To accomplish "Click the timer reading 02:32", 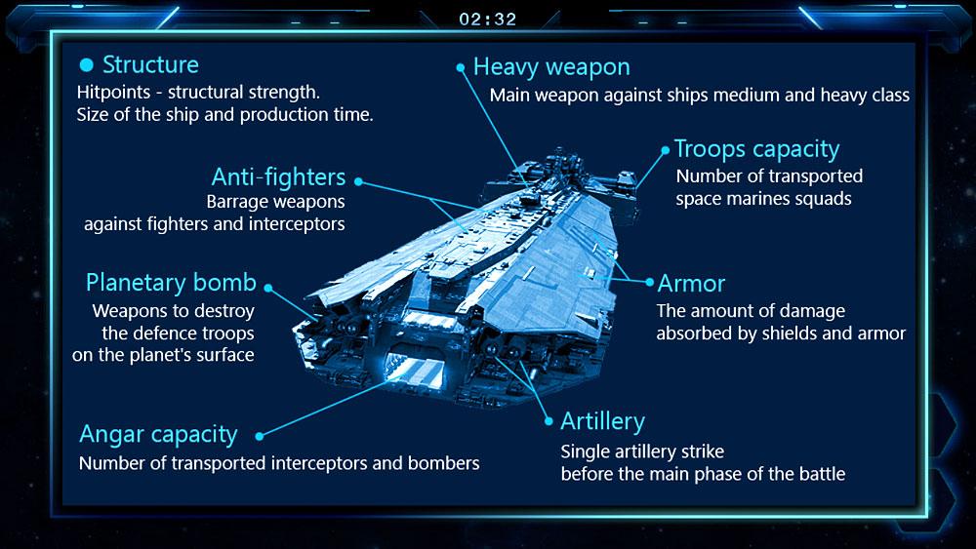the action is point(487,20).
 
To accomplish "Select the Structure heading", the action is point(150,64).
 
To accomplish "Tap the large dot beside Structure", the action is point(87,64).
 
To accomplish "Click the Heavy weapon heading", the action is point(551,67).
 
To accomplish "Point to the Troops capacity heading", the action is point(757,150).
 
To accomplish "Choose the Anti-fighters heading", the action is point(278,177).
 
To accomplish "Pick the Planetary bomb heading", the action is point(171,283).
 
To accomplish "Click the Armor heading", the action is point(692,284).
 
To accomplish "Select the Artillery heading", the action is point(602,421).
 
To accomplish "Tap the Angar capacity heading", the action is point(158,435).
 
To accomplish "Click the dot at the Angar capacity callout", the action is point(260,437).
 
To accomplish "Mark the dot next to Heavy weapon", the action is point(461,67).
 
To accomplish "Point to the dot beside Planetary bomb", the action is point(268,288).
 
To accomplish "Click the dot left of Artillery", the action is point(549,421).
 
